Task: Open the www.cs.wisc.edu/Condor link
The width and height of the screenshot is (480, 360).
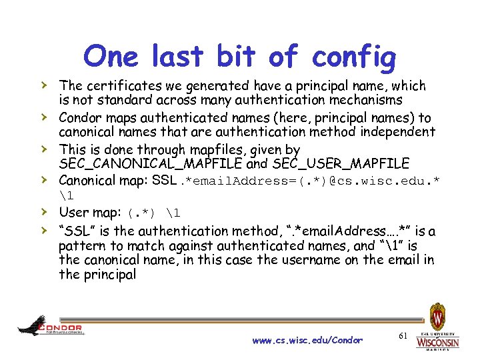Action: coord(307,340)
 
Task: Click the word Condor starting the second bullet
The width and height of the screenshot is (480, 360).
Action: coord(80,117)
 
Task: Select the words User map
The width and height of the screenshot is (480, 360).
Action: coord(87,213)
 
